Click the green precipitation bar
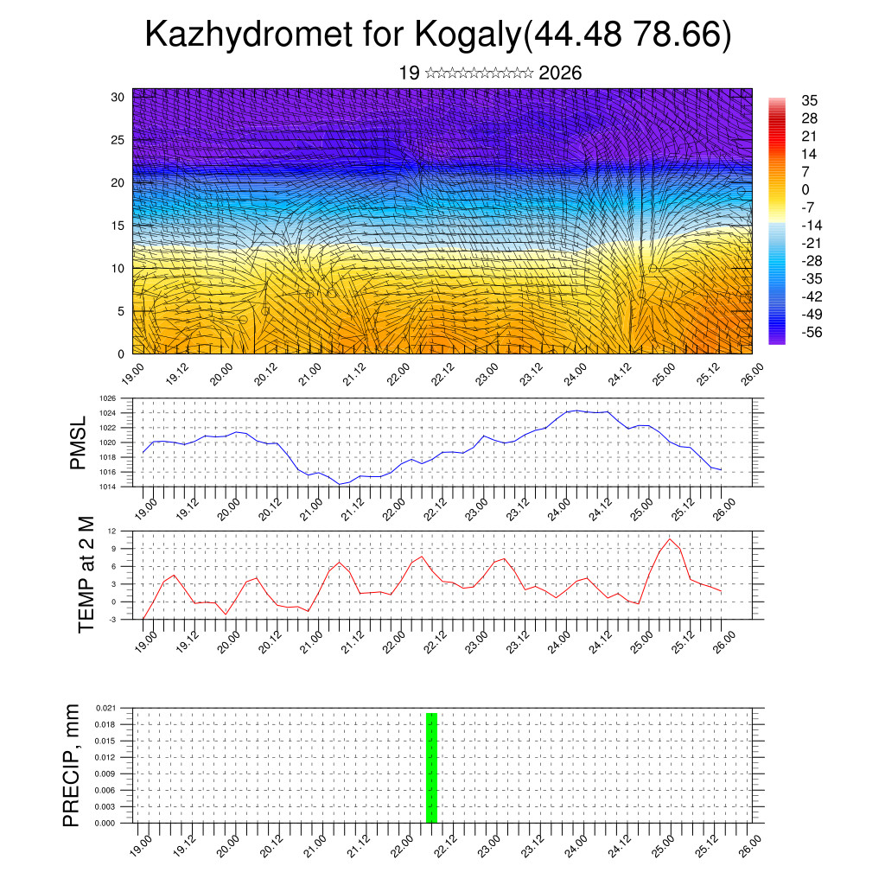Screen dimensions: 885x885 coord(431,767)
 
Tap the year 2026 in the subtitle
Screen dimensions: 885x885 coord(560,73)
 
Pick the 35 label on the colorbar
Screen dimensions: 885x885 coord(810,100)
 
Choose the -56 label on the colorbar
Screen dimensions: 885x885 coord(812,332)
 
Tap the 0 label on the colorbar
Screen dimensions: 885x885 coord(805,189)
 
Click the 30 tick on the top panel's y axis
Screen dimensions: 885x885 coord(118,97)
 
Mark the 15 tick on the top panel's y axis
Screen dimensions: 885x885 coord(118,226)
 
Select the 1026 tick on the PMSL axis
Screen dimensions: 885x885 coord(108,398)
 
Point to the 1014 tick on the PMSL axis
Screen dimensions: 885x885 coord(108,487)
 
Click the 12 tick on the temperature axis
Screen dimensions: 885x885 coord(112,531)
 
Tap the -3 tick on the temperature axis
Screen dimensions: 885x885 coord(112,620)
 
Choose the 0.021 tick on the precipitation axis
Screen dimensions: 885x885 coord(105,708)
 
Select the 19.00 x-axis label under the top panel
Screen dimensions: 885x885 coord(132,373)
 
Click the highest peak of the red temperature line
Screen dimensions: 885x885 coord(670,538)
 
